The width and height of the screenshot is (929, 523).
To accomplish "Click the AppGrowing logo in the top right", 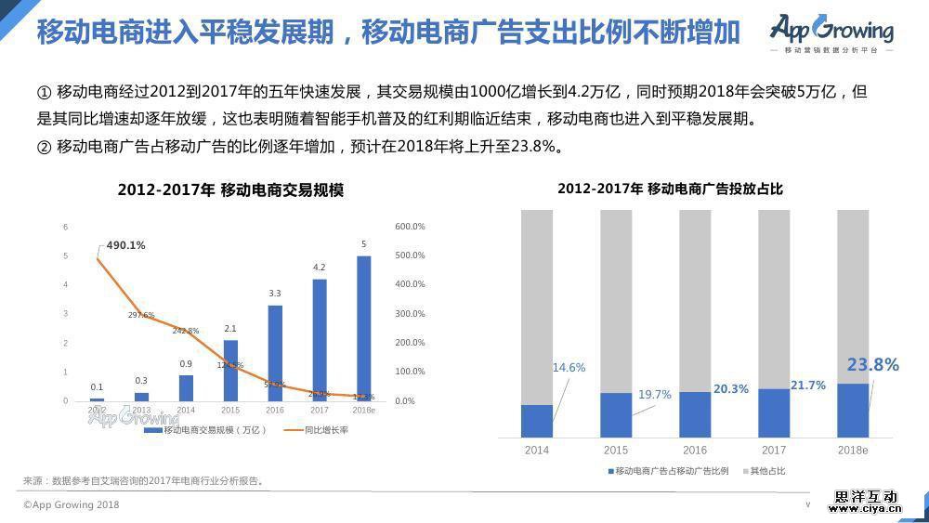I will point(831,33).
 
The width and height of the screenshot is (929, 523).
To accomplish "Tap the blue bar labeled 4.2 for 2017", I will point(319,340).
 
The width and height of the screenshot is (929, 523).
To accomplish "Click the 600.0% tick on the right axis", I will point(410,227).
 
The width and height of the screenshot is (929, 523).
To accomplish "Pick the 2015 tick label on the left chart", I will point(229,410).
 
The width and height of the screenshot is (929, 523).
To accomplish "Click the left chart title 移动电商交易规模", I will point(230,190).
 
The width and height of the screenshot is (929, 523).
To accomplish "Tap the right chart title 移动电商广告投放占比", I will point(670,189).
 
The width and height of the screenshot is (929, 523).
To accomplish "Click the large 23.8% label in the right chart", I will point(872,365).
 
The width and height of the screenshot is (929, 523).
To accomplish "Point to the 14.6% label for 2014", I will point(569,368).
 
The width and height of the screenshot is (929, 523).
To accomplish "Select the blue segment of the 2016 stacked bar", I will point(695,414).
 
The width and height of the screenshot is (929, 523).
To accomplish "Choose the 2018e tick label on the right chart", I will point(853,451).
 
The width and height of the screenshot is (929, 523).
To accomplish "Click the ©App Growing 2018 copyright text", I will point(72,505).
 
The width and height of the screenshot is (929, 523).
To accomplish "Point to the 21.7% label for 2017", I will point(807,386).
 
